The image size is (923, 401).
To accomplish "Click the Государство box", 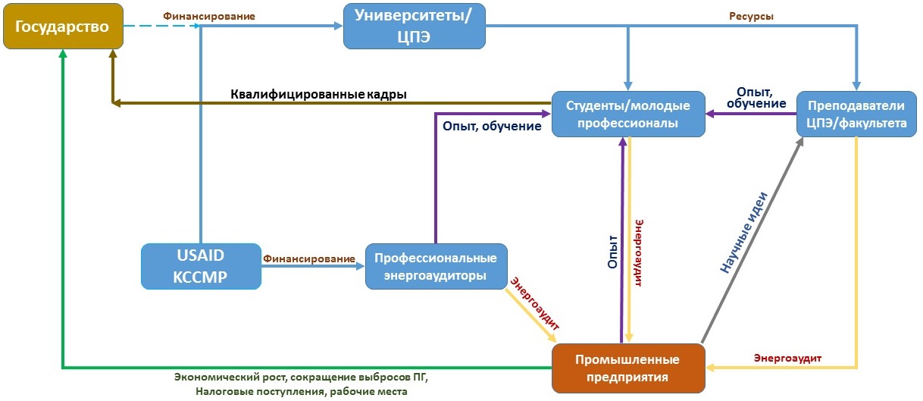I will pos(62,27).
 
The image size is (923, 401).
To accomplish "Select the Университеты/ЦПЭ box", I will pos(414,27).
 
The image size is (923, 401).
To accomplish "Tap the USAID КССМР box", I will pos(201,266).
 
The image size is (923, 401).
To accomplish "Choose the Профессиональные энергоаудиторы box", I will pos(436,266).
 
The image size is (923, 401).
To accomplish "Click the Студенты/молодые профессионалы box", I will pos(628,114).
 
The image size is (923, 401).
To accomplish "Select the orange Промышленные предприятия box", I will pos(628,368).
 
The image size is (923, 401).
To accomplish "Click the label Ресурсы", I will pos(751,16).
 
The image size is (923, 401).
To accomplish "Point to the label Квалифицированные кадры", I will pos(318,95).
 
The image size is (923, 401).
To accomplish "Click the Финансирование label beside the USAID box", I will pos(308,258).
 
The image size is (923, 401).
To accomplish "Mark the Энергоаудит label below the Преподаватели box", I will pos(788,357).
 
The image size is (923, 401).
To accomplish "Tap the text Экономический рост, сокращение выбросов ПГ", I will pos(306,378).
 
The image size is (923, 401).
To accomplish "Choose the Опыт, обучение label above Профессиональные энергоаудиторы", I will pos(491,126).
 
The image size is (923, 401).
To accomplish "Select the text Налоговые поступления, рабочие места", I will pos(301,391).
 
